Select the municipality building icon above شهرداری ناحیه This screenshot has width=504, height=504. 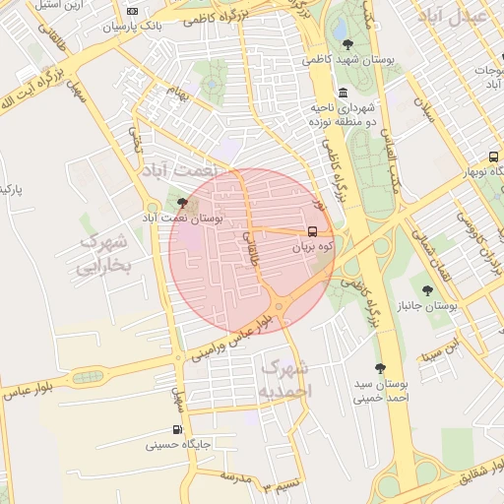pyautogui.click(x=343, y=94)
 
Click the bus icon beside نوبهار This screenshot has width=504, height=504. pyautogui.click(x=493, y=157)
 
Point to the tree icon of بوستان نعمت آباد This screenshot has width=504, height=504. pyautogui.click(x=181, y=202)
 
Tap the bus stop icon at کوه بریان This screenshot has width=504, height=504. pyautogui.click(x=313, y=232)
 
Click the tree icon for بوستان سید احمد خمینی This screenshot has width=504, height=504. pyautogui.click(x=380, y=368)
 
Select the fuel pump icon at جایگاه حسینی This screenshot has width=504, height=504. pyautogui.click(x=177, y=429)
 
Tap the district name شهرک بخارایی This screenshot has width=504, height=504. pyautogui.click(x=103, y=252)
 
